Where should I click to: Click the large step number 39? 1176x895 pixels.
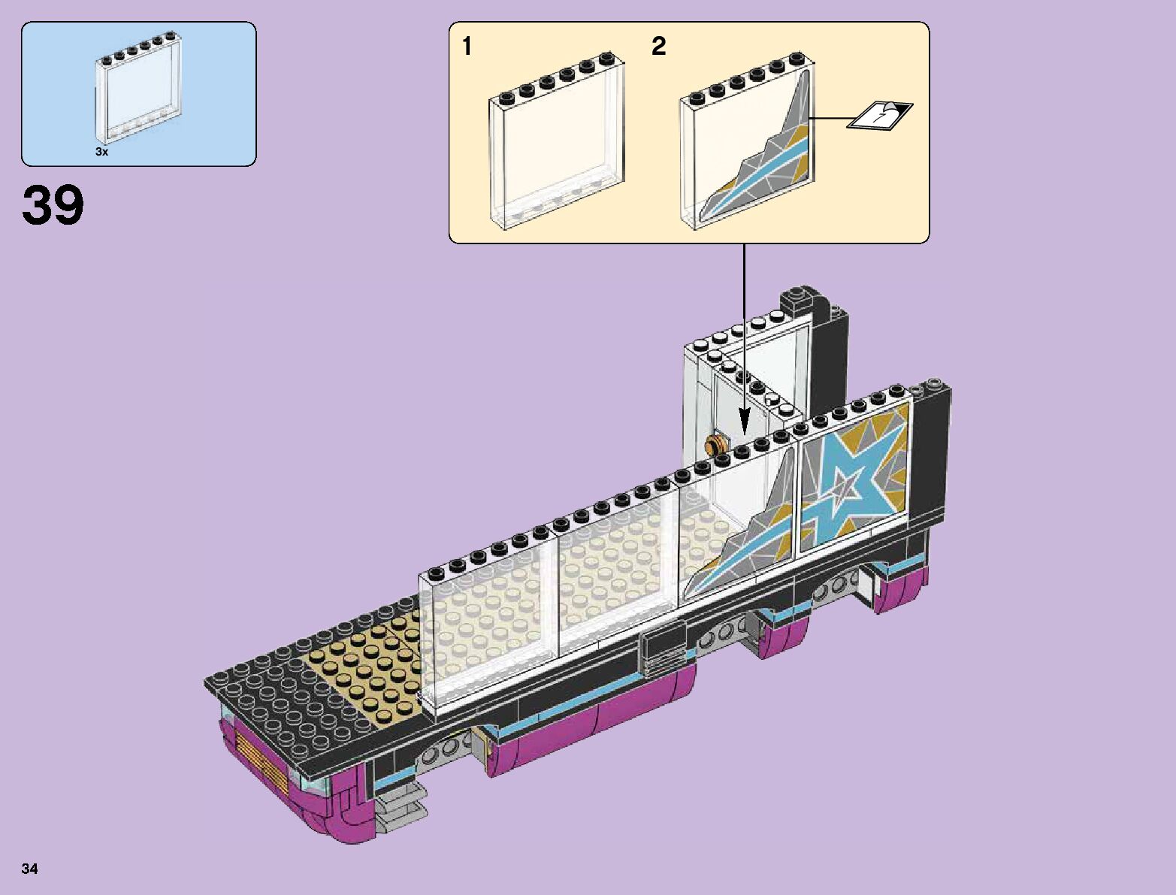click(53, 205)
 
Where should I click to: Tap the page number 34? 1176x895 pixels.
click(30, 869)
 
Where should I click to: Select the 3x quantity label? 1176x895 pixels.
click(101, 152)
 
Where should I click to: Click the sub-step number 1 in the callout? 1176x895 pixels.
click(467, 47)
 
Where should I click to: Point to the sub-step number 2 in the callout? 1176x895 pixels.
click(658, 47)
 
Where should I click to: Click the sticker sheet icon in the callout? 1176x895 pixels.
click(880, 115)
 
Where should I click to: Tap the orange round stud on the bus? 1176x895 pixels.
click(717, 443)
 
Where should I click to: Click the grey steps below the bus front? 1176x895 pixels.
click(402, 808)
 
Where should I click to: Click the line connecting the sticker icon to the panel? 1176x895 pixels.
click(831, 118)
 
